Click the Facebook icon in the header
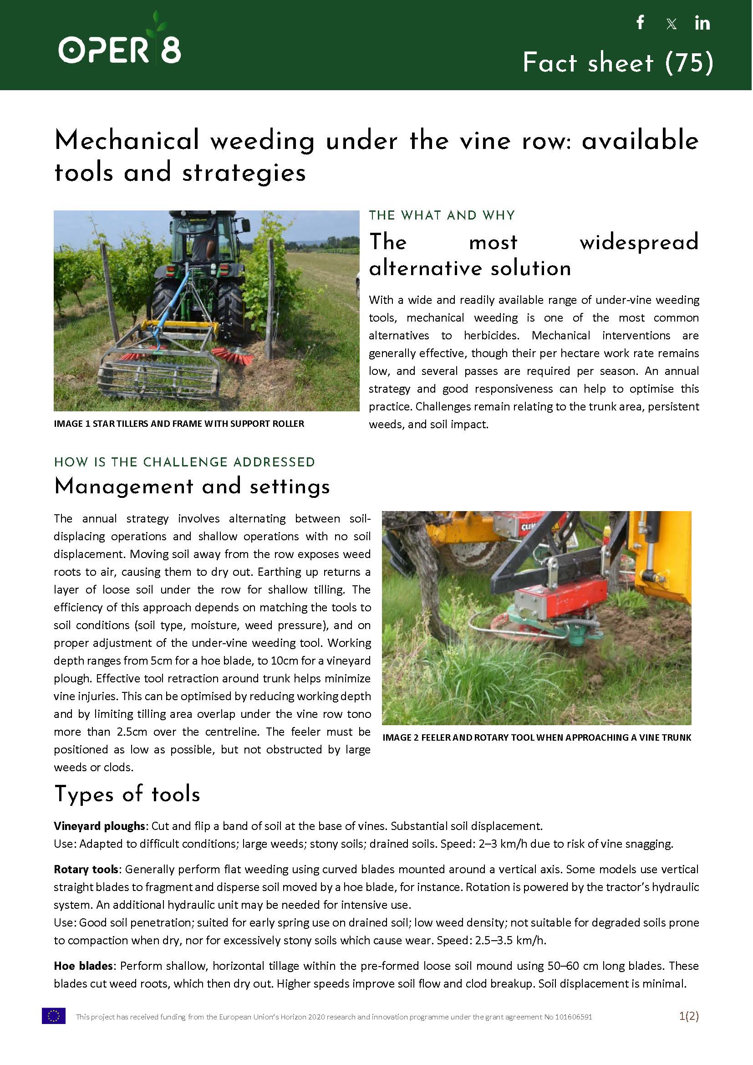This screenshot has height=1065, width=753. [641, 22]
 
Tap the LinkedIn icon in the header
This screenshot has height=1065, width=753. [702, 23]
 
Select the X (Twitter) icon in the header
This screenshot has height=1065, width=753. [671, 24]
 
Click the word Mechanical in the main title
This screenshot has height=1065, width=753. [127, 140]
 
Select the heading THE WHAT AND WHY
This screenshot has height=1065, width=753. [442, 215]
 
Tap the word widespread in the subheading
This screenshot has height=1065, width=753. [638, 242]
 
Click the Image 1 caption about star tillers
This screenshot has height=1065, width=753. [179, 424]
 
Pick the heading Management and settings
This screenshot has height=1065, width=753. [192, 486]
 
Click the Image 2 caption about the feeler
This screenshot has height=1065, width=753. [536, 737]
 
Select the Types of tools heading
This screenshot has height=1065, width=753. [127, 794]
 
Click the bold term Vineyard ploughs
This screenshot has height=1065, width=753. [100, 826]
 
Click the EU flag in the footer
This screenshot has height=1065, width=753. [54, 1016]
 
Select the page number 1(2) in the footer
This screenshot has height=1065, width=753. [688, 1016]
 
